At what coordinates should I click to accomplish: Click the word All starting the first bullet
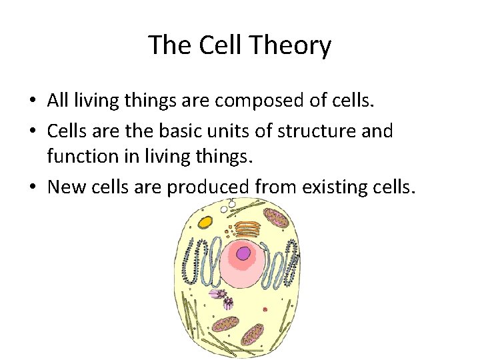coord(59,101)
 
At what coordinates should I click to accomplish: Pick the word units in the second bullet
coord(227,131)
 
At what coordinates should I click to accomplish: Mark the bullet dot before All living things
coord(32,102)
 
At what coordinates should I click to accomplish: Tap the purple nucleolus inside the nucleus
coord(244,253)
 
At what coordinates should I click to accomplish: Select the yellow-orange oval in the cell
coord(205,222)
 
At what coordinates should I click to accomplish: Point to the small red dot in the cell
coord(265,309)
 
